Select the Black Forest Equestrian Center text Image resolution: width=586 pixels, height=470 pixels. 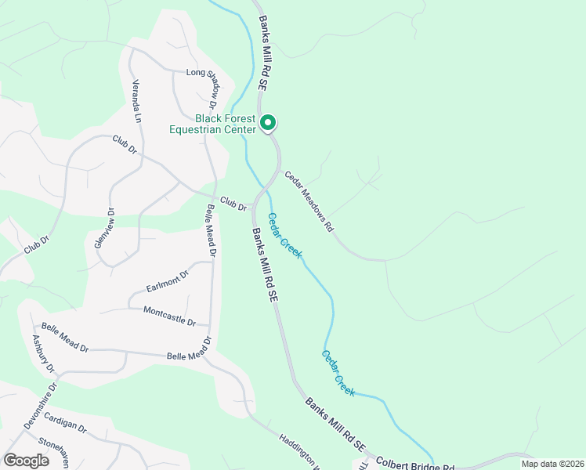(214, 124)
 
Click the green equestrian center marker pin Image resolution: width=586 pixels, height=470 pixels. (267, 123)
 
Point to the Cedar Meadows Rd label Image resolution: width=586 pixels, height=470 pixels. (309, 201)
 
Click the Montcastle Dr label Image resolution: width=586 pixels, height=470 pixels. (176, 316)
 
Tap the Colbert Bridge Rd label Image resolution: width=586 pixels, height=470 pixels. (415, 465)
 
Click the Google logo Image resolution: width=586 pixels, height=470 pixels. (26, 460)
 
